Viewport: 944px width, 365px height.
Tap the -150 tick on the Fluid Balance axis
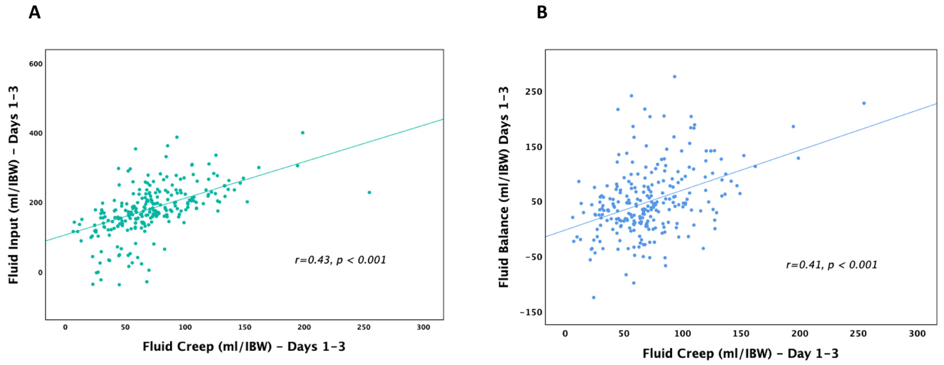(x=531, y=312)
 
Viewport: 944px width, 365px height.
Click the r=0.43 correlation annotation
(x=340, y=260)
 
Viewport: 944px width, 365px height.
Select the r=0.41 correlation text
(x=831, y=265)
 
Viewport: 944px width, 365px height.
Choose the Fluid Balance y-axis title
(x=504, y=187)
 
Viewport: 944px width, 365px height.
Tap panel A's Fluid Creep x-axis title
(x=244, y=347)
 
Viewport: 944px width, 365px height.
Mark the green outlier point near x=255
(x=369, y=192)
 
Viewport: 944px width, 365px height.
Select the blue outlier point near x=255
(x=864, y=103)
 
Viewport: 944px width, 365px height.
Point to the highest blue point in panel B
(x=674, y=77)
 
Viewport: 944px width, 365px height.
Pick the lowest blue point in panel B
(x=594, y=297)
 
